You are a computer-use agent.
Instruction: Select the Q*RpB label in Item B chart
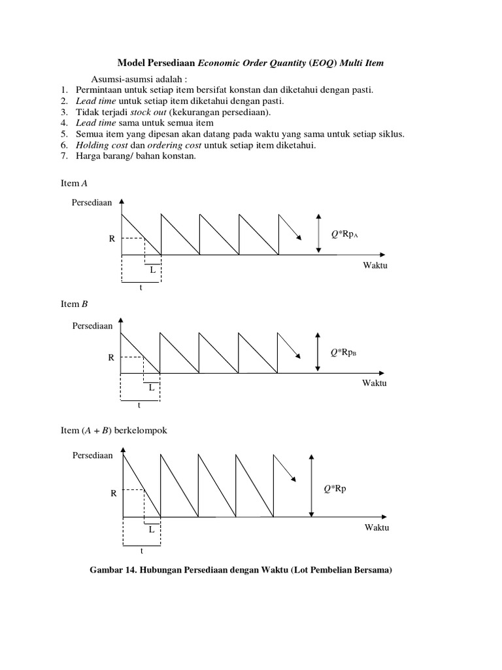pos(344,353)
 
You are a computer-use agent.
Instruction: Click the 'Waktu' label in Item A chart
pos(375,265)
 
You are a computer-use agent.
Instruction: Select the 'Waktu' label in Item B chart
pos(375,383)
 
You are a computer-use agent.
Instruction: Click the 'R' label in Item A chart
pos(111,239)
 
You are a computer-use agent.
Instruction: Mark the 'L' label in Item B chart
pos(151,387)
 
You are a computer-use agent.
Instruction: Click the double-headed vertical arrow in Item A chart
pos(318,232)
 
